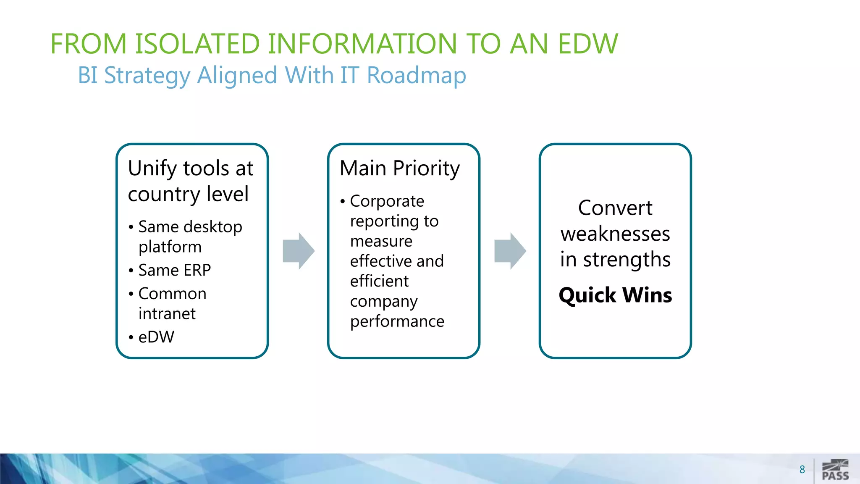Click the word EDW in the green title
tap(588, 44)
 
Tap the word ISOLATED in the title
tap(197, 44)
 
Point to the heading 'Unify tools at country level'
tap(190, 181)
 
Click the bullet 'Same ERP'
tap(174, 270)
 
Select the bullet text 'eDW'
tap(156, 337)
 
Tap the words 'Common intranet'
tap(172, 303)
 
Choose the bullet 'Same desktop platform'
tap(190, 237)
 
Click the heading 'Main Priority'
tap(399, 168)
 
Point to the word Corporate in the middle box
tap(387, 201)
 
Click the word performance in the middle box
tap(397, 321)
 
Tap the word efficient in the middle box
tap(379, 281)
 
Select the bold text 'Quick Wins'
tap(615, 295)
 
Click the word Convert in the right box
tap(615, 208)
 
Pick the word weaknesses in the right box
tap(615, 234)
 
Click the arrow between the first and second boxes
tap(299, 251)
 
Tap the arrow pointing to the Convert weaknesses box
tap(510, 251)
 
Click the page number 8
tap(802, 469)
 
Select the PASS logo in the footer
tap(835, 470)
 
